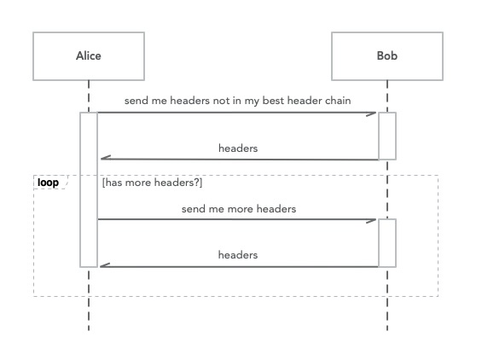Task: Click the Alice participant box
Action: click(89, 56)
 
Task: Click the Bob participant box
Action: click(387, 56)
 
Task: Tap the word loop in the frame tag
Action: click(48, 183)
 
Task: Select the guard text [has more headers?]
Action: click(152, 183)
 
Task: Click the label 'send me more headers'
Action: click(239, 209)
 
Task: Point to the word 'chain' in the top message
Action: click(337, 101)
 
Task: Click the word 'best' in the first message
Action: click(273, 101)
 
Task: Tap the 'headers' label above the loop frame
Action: click(238, 148)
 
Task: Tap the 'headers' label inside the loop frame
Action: click(238, 255)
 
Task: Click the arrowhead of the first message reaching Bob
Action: click(371, 114)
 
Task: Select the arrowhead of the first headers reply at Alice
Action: click(106, 158)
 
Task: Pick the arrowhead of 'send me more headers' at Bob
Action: click(371, 221)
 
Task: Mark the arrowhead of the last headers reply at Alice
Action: click(105, 265)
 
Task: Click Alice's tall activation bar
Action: click(89, 189)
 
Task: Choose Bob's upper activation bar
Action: click(387, 136)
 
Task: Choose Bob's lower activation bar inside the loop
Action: click(387, 243)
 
